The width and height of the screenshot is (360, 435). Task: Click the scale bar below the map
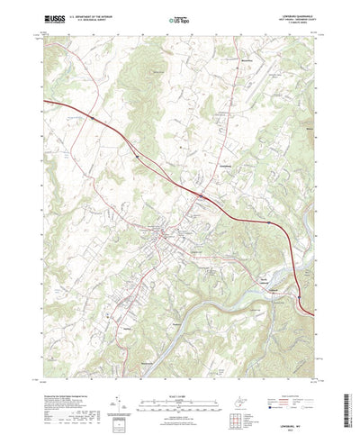(179, 377)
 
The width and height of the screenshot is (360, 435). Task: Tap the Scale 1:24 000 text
(179, 369)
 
